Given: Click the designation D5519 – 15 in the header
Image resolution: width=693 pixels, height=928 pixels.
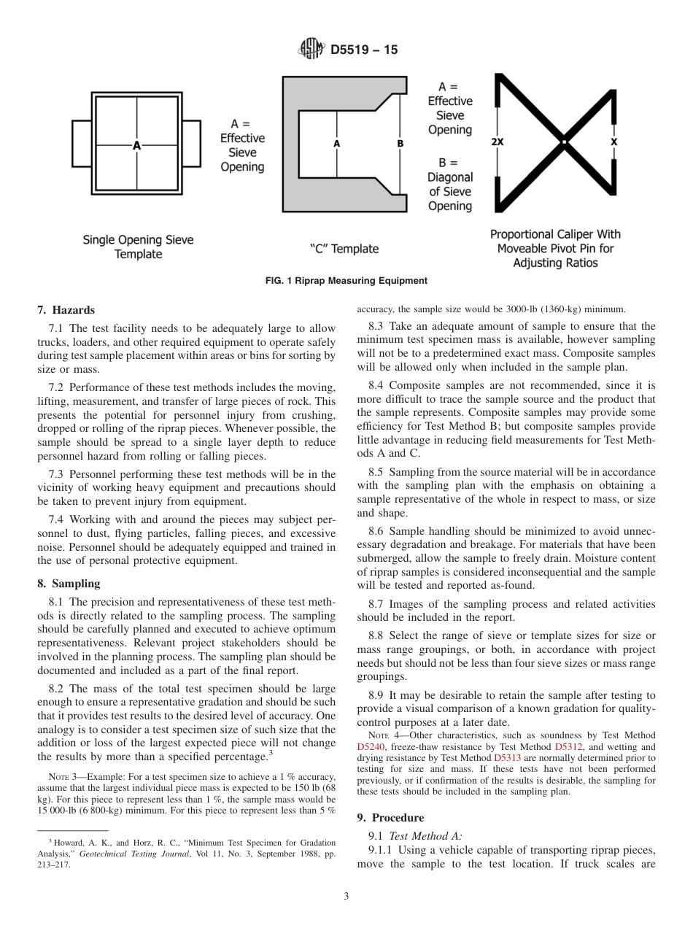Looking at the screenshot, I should coord(364,50).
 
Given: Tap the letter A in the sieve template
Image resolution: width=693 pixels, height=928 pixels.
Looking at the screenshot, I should coord(136,146).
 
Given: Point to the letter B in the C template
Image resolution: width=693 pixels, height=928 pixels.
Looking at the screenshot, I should coord(400,144).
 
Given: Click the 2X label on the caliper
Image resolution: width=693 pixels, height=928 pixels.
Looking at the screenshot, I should coord(498,142).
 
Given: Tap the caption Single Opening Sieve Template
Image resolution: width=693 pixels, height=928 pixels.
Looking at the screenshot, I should coord(138,247).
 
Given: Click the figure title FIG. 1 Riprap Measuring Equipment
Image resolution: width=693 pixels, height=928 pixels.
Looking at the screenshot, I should coord(346,281).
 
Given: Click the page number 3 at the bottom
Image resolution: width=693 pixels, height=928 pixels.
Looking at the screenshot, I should coord(346,897).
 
